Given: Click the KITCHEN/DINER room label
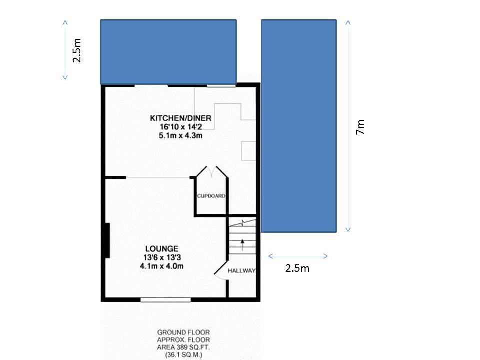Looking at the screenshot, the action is (x=180, y=118).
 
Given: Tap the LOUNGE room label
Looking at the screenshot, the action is (x=162, y=249).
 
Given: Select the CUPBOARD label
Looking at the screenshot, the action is (x=211, y=196).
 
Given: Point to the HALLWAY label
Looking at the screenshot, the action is (x=242, y=271).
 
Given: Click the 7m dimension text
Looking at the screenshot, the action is (x=360, y=127).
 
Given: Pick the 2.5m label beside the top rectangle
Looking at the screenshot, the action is (x=77, y=50).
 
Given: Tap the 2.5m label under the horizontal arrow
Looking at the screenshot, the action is (x=297, y=268).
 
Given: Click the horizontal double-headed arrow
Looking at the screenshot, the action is (x=298, y=256).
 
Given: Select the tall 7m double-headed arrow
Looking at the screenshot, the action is (x=348, y=126).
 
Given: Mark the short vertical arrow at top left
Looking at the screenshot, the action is (x=65, y=50).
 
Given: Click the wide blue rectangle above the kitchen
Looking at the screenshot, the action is (x=168, y=52).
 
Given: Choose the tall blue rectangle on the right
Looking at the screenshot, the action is (x=299, y=126).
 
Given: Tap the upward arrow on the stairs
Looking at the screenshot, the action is (x=243, y=245).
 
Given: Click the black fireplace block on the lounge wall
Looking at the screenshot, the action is (x=107, y=240).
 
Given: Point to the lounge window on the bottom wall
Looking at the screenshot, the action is (x=166, y=300).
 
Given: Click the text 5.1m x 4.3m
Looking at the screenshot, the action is (x=181, y=135).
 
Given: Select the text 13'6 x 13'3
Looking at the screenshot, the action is (x=162, y=258).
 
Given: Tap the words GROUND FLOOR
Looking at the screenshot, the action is (x=183, y=332).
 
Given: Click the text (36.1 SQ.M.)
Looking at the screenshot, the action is (x=183, y=355).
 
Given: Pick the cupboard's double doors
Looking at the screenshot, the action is (x=212, y=172).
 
